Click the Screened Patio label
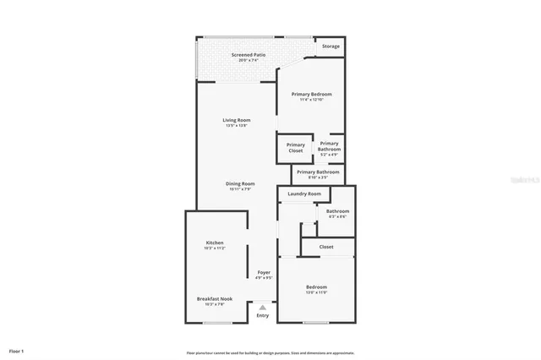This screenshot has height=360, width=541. pos(249,55)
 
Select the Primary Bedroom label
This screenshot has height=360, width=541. pos(311,94)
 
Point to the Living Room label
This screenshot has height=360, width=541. pos(237,120)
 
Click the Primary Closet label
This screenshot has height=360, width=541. pos(295,147)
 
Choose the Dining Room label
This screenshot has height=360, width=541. pos(240,183)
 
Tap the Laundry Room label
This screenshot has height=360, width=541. pos(304,194)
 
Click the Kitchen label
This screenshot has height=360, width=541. pos(214,243)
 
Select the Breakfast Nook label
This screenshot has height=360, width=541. pos(214,298)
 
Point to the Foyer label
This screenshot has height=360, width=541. pos(265,272)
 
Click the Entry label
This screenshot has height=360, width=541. pos(263,315)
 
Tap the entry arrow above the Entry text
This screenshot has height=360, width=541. pos(263,307)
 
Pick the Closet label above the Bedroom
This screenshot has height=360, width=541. pos(325,247)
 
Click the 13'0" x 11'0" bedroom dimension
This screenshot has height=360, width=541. pos(315,292)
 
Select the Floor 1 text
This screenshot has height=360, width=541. pos(16,350)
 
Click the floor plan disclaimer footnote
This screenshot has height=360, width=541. pos(270,352)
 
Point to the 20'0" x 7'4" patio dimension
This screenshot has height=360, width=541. pos(249,60)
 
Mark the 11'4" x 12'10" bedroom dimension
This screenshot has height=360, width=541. pos(311,100)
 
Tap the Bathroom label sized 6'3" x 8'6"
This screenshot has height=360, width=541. pos(337,211)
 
